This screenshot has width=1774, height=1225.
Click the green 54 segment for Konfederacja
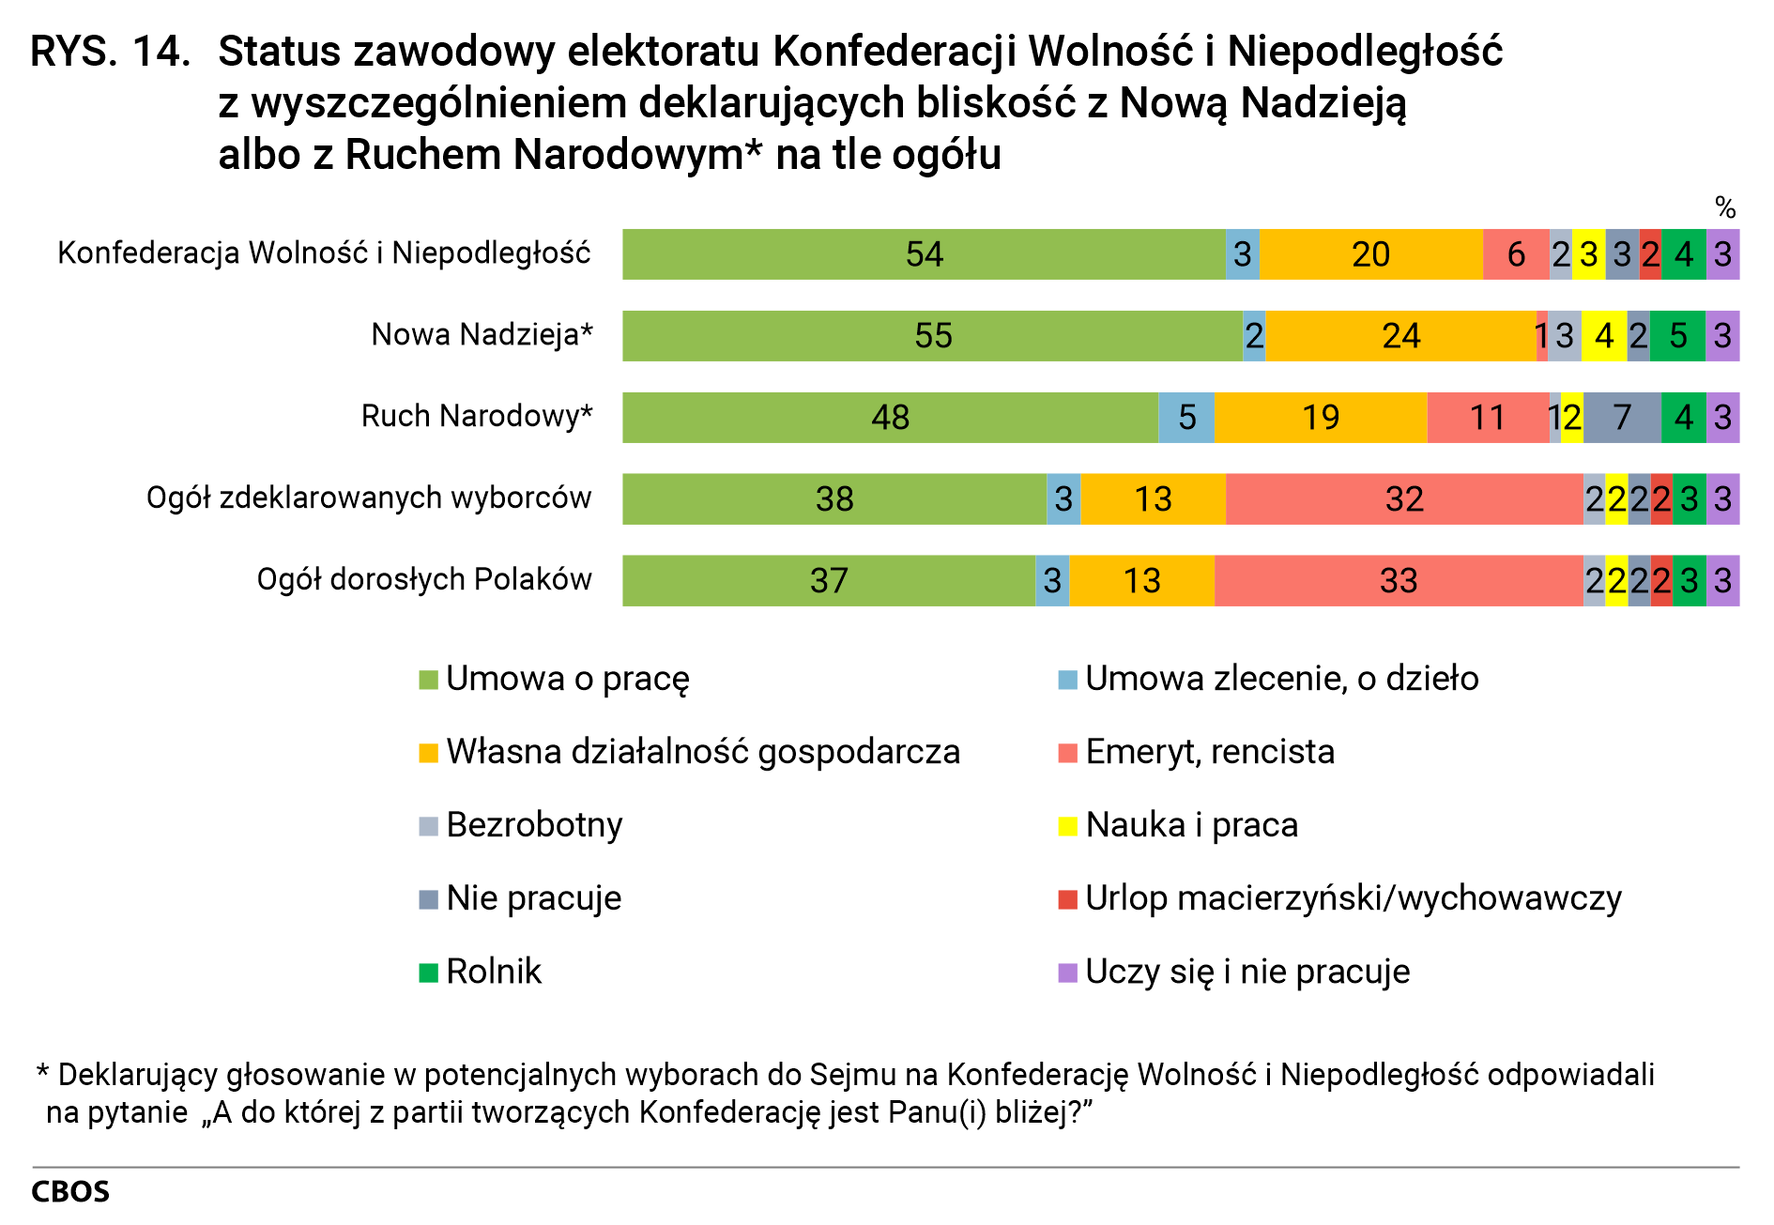[x=924, y=254]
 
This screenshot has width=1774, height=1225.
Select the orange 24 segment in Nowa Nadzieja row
[x=1400, y=336]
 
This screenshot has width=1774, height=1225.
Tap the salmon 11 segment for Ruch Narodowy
[x=1487, y=418]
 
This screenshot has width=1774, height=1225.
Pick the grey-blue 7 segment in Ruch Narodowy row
[x=1621, y=418]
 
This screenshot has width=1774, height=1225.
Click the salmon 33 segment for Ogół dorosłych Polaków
[x=1398, y=581]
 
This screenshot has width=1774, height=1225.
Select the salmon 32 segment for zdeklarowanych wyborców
[x=1403, y=499]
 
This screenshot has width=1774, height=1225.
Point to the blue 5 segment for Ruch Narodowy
[x=1186, y=418]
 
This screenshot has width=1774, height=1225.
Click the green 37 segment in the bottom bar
[x=828, y=581]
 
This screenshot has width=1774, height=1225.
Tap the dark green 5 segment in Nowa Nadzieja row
[x=1677, y=336]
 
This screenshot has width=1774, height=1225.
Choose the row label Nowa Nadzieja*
[x=482, y=335]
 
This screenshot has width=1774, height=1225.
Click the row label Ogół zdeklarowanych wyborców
[x=369, y=498]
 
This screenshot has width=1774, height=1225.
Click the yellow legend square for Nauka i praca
[x=1067, y=826]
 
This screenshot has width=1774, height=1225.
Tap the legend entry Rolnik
[x=494, y=972]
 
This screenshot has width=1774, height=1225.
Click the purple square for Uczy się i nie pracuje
[x=1067, y=972]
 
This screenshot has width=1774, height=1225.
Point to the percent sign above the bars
[x=1724, y=207]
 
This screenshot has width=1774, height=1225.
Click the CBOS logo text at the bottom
[x=70, y=1192]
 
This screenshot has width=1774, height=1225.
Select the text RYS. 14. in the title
[x=110, y=53]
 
